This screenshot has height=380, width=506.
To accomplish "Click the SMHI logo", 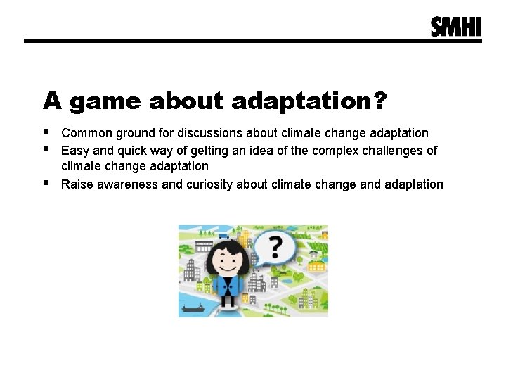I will pyautogui.click(x=456, y=27).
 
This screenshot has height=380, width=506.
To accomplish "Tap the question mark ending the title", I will pyautogui.click(x=379, y=101).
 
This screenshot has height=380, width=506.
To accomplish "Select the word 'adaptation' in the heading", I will pyautogui.click(x=301, y=102).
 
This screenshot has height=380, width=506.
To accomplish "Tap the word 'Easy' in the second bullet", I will pyautogui.click(x=74, y=150).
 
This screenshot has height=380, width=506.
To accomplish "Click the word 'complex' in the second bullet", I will pyautogui.click(x=335, y=150).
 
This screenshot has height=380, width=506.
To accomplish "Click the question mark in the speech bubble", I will pyautogui.click(x=275, y=248).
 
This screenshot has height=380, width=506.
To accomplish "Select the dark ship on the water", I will pyautogui.click(x=193, y=308).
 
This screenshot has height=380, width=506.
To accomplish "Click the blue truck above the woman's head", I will pyautogui.click(x=223, y=237).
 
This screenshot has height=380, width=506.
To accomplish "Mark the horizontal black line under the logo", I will pyautogui.click(x=253, y=41).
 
